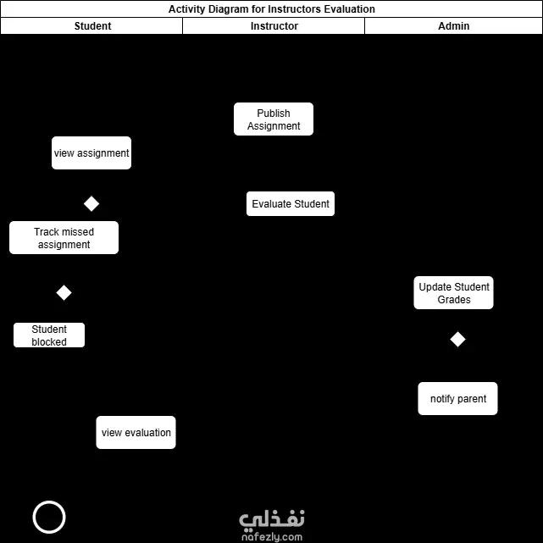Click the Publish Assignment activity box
274,119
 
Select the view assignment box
91,153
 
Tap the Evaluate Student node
291,204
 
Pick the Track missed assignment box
64,238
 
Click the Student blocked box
49,335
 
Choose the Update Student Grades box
454,293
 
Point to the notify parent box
457,399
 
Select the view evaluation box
136,433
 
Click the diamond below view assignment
91,204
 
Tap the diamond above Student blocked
64,293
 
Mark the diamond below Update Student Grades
457,340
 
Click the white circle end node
49,518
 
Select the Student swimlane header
92,26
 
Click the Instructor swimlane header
274,26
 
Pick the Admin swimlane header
453,26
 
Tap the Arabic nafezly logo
271,518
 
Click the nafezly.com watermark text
271,536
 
